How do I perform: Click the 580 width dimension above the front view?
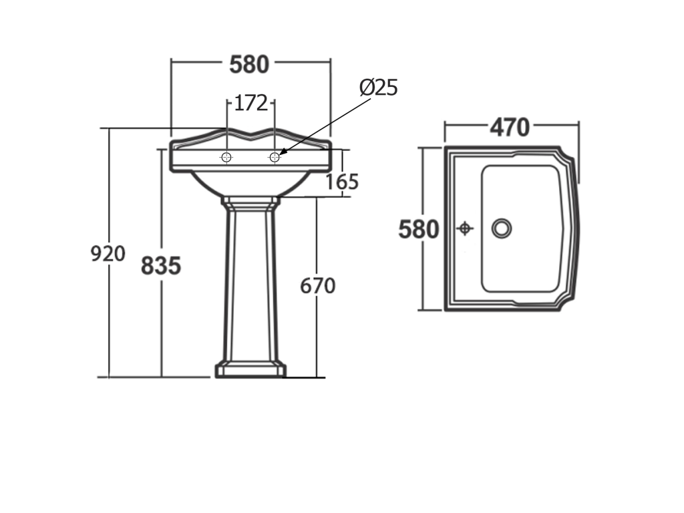click(249, 65)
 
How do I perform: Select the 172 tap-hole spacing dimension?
click(251, 104)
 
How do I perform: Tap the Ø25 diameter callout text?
click(379, 88)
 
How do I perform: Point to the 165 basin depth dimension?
click(343, 182)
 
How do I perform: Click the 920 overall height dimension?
click(108, 253)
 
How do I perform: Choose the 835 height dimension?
click(161, 266)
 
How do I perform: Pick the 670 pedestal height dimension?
click(317, 286)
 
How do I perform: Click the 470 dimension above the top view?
click(510, 128)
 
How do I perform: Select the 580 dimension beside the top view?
click(418, 230)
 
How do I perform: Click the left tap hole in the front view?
click(226, 157)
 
